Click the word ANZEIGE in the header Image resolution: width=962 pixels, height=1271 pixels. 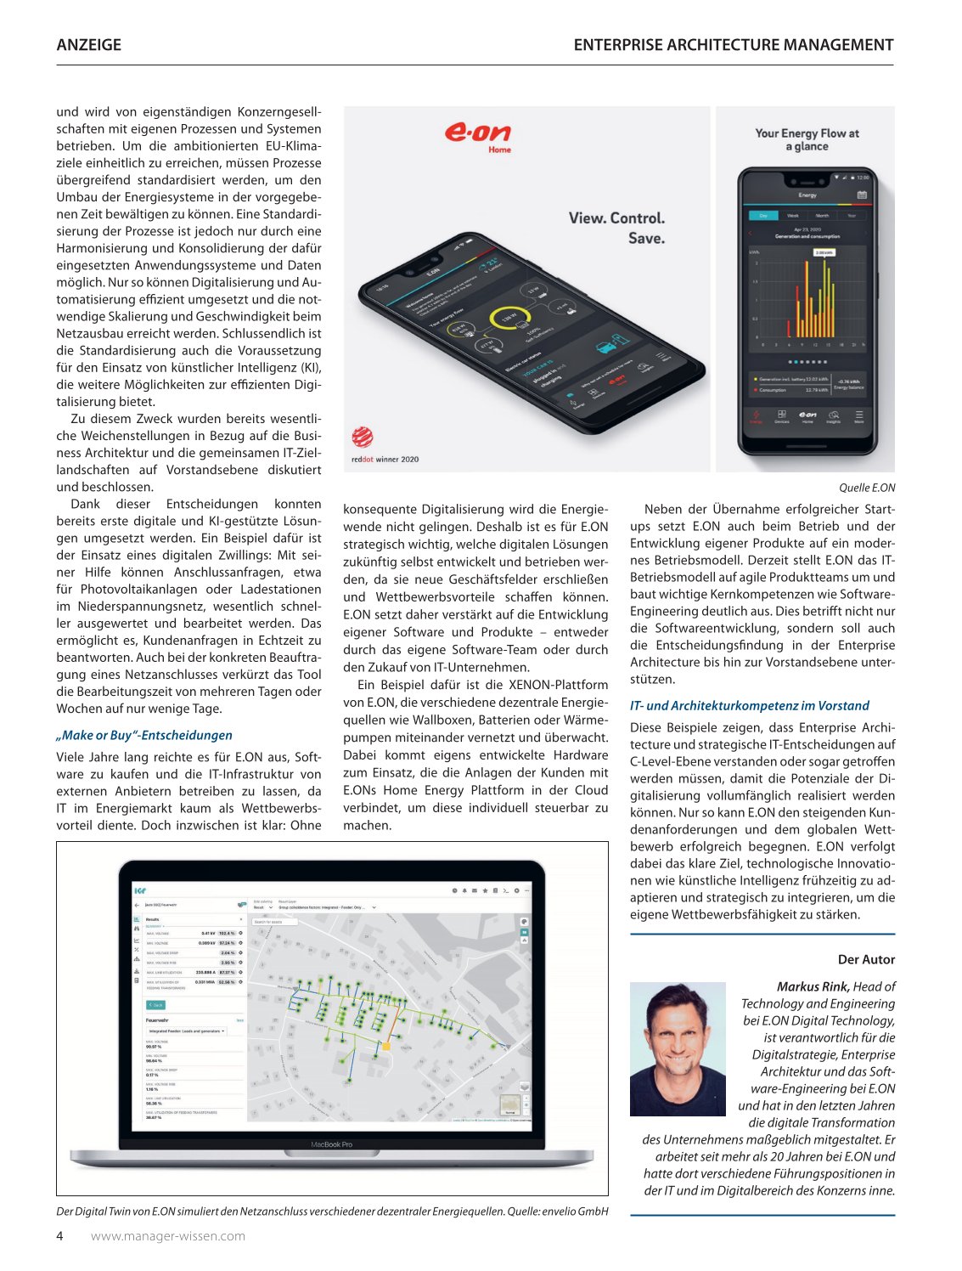coord(88,45)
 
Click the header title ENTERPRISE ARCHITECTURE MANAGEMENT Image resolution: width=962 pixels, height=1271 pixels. coord(733,45)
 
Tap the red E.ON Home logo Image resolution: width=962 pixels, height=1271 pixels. coord(478,136)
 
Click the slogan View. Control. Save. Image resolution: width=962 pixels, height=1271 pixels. coord(617,228)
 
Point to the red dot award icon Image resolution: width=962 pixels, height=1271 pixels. coord(363,437)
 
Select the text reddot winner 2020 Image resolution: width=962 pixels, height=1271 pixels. coord(385,460)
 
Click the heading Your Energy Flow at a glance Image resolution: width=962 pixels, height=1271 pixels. coord(807,139)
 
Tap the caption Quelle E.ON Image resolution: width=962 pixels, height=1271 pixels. coord(867,488)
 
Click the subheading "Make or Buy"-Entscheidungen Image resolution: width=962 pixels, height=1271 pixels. coord(144,736)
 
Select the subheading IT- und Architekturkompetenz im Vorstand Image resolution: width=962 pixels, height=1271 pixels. coord(749,706)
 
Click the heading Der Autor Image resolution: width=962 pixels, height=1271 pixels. coord(866,959)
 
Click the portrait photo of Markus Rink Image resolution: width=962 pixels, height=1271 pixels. coord(678,1048)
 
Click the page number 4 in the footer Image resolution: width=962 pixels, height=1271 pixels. coord(60,1236)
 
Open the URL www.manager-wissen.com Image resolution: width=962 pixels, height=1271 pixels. coord(168,1236)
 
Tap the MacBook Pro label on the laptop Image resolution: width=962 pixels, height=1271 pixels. coord(331,1144)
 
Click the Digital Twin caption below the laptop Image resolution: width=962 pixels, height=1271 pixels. coord(332,1212)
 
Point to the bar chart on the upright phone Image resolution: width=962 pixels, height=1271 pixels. coord(807,297)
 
